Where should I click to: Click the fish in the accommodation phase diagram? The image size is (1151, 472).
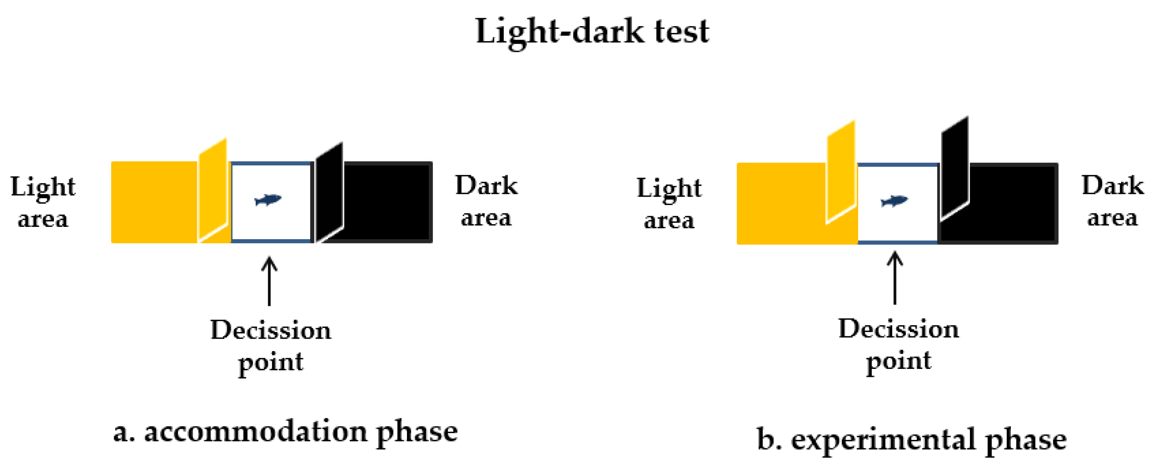[x=268, y=200]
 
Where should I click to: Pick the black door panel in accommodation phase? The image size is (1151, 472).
[x=329, y=192]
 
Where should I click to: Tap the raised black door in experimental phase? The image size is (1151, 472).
[x=955, y=168]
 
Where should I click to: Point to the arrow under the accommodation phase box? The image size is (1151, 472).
[x=269, y=281]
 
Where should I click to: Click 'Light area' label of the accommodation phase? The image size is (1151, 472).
[x=43, y=202]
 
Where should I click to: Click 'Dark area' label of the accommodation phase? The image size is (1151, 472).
[x=486, y=201]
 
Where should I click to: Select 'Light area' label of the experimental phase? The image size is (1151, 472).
[x=669, y=203]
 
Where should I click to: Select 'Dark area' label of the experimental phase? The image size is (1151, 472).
[x=1112, y=201]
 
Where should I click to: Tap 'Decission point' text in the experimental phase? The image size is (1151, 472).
[x=898, y=344]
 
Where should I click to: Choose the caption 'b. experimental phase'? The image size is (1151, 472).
[x=912, y=440]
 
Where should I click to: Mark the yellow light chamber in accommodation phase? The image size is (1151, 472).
[x=154, y=202]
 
